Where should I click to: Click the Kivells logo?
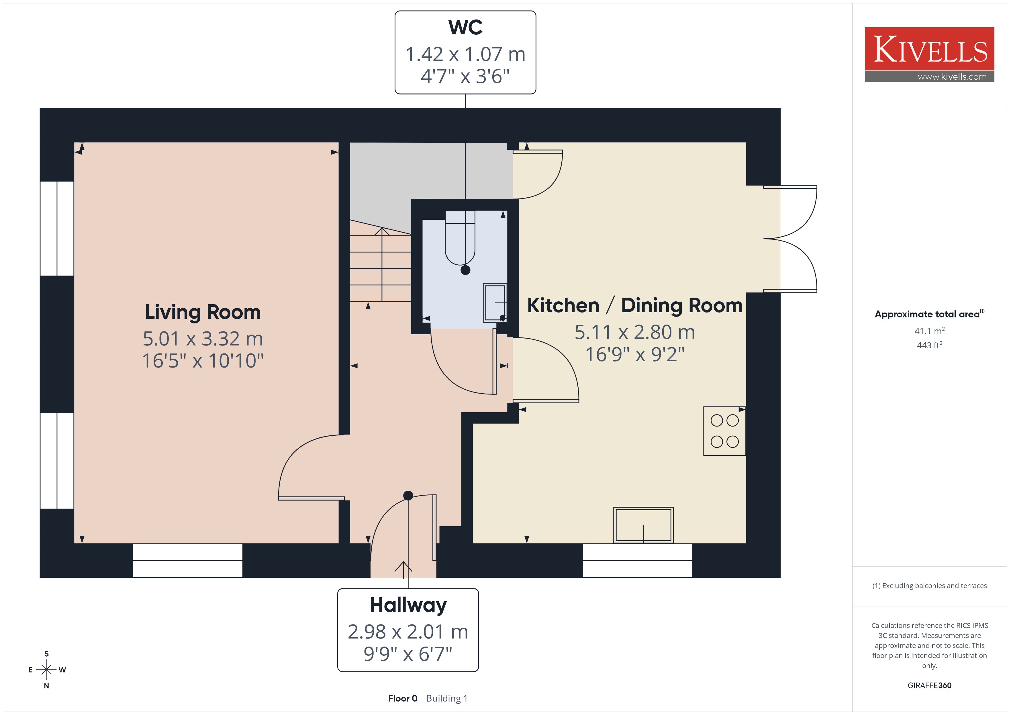pyautogui.click(x=930, y=54)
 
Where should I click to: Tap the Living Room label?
pyautogui.click(x=203, y=312)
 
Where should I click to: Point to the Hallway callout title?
pyautogui.click(x=408, y=605)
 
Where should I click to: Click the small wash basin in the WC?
pyautogui.click(x=495, y=303)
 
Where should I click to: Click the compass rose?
pyautogui.click(x=46, y=670)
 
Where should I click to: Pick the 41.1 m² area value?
pyautogui.click(x=930, y=331)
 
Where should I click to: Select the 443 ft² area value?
pyautogui.click(x=930, y=345)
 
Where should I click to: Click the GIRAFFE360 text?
pyautogui.click(x=930, y=685)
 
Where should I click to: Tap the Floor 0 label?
pyautogui.click(x=402, y=698)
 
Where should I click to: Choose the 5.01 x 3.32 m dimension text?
pyautogui.click(x=203, y=339)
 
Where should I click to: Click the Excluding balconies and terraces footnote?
pyautogui.click(x=930, y=586)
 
